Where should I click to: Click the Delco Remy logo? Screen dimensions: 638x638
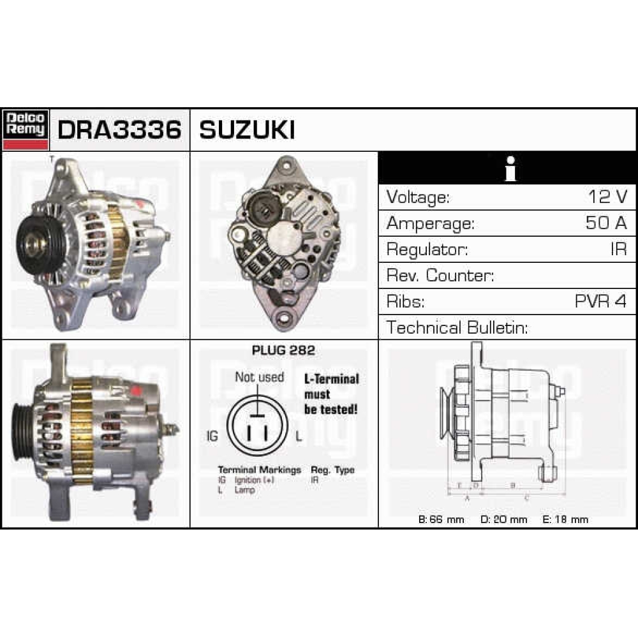[26, 130]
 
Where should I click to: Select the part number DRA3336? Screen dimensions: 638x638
[119, 130]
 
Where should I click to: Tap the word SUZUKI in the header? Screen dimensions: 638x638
[247, 130]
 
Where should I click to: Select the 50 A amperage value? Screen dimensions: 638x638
[606, 223]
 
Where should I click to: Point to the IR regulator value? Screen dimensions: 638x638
[618, 249]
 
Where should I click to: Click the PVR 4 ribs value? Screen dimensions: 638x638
[600, 301]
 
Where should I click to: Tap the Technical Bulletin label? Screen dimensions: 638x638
[457, 327]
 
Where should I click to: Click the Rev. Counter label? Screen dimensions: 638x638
[440, 275]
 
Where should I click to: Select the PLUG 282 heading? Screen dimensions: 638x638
[283, 350]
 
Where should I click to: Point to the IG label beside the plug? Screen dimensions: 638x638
[213, 437]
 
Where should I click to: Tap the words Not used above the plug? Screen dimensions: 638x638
[259, 377]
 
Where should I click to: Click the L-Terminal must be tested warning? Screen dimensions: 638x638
[331, 394]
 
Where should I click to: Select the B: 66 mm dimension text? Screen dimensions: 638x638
[441, 519]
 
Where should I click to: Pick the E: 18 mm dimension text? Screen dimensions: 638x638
[565, 519]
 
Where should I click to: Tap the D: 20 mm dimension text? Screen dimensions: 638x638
[503, 519]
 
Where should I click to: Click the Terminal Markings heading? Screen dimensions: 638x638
[259, 470]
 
